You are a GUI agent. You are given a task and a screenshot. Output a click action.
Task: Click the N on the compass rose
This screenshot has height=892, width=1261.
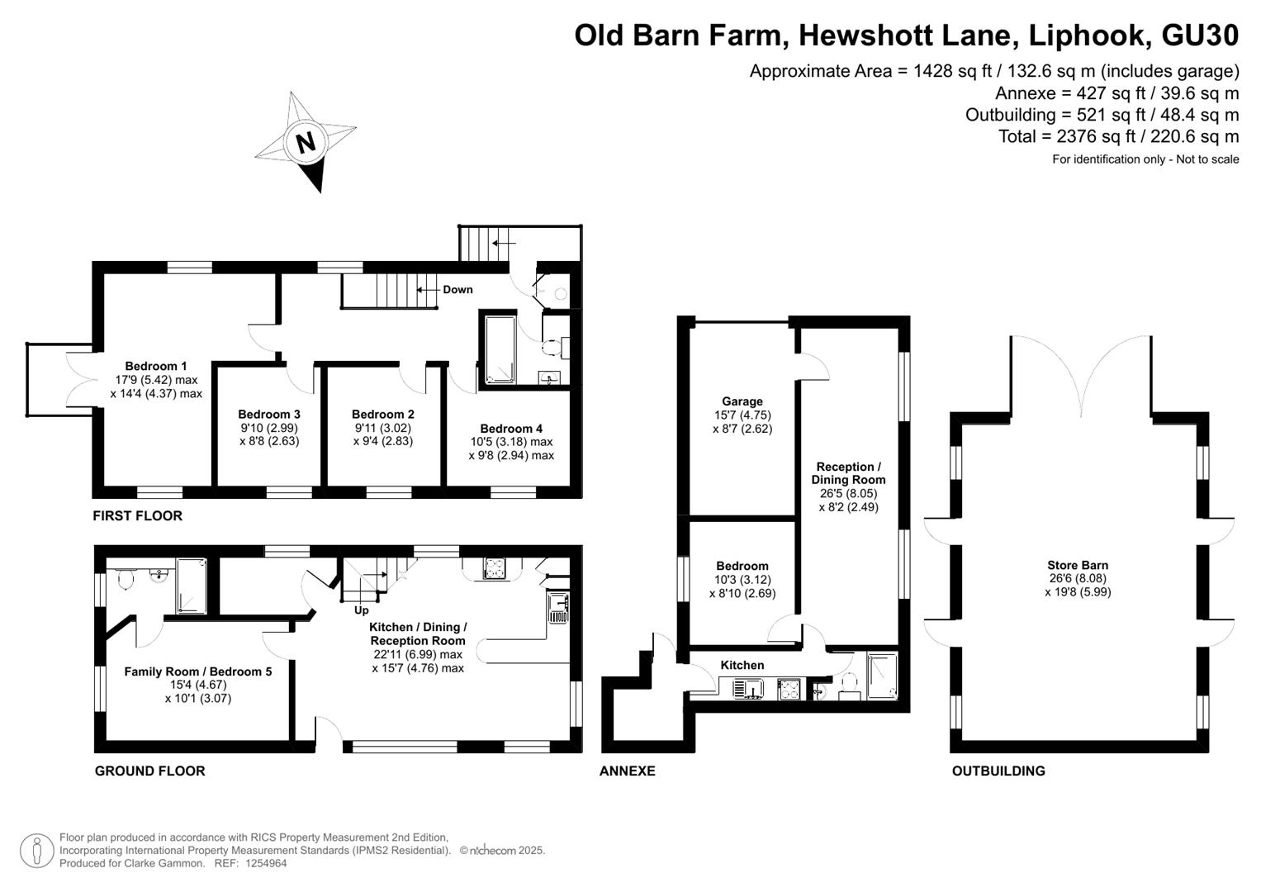[x=306, y=142]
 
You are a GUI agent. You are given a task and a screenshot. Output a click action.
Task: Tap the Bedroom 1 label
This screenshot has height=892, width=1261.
[x=156, y=366]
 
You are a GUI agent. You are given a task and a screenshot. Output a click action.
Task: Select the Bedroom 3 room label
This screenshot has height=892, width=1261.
[x=269, y=415]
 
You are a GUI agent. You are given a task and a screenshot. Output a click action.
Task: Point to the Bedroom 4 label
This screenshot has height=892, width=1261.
[x=511, y=429]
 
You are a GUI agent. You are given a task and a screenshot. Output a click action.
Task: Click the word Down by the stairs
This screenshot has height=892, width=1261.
[x=457, y=289]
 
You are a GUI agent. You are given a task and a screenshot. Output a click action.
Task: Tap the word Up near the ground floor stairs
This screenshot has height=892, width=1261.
[x=362, y=610]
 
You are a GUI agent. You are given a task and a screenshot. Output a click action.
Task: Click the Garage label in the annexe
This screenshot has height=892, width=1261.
[x=742, y=401]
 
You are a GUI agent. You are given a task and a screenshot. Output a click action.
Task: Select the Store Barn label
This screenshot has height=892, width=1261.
[x=1078, y=566]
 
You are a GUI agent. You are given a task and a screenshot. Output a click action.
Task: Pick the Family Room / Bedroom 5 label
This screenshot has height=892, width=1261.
[x=198, y=671]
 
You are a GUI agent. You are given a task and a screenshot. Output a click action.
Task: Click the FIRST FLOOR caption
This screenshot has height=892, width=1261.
[x=137, y=516]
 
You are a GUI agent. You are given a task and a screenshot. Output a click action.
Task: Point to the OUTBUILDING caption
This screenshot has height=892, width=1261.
[x=998, y=771]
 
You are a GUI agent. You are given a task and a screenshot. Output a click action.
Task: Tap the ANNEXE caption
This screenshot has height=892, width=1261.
[x=627, y=771]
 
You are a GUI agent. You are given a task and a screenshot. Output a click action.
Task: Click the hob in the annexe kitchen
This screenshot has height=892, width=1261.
[x=789, y=689]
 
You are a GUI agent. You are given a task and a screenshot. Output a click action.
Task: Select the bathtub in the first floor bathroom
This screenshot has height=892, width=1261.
[x=500, y=350]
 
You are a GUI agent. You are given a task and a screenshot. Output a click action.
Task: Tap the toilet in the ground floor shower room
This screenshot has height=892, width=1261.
[x=125, y=578]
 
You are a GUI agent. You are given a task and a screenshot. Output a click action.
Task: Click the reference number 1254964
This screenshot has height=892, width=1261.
[x=265, y=863]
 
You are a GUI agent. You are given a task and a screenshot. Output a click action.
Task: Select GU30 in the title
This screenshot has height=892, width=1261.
[x=1200, y=35]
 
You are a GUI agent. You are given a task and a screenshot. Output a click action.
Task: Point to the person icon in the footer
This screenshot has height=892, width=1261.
[x=36, y=851]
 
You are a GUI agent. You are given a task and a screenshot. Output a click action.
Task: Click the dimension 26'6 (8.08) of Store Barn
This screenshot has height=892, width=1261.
[x=1078, y=578]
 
